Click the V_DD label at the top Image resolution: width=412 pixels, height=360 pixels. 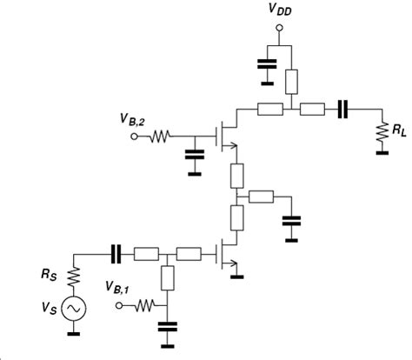(278, 11)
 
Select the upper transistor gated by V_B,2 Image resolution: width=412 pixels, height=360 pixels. (224, 136)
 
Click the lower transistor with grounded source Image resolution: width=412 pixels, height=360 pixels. (224, 255)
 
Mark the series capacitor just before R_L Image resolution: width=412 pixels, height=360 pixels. (343, 110)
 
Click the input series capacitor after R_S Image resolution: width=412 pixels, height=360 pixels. (115, 254)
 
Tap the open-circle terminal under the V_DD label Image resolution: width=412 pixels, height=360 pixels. (280, 29)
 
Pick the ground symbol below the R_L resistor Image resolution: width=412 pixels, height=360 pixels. (381, 153)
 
